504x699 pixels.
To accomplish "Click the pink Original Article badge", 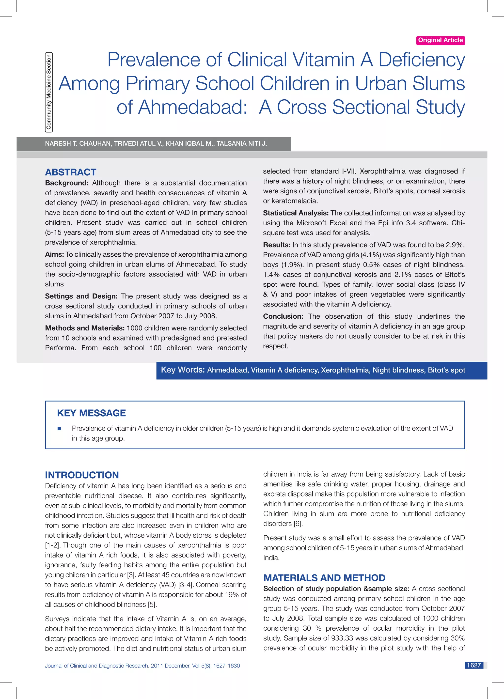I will [x=440, y=40].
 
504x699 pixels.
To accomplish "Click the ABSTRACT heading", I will [x=71, y=172].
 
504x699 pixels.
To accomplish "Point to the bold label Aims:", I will [x=54, y=254].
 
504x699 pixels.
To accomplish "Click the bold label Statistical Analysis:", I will [x=296, y=213].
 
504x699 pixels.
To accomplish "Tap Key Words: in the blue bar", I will [x=183, y=370].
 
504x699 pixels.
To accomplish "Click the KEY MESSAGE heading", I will [x=91, y=413].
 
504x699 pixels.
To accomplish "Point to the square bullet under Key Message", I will [x=59, y=429].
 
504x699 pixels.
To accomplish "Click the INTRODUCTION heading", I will [x=82, y=475].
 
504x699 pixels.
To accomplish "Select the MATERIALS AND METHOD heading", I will [x=324, y=577].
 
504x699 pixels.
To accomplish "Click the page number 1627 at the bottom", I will [x=473, y=665].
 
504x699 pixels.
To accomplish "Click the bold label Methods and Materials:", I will [x=85, y=328].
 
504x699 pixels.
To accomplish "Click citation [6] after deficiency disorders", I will [x=298, y=524].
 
